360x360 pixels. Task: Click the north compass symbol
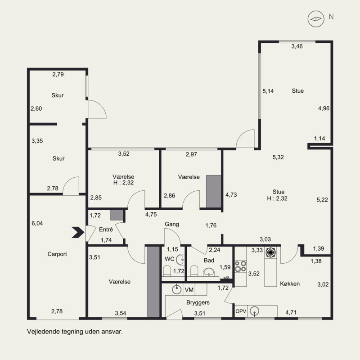click(316, 19)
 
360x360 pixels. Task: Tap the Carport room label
click(57, 254)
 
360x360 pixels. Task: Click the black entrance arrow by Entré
click(78, 232)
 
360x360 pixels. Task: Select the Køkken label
click(290, 284)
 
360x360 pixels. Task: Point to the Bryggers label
click(198, 302)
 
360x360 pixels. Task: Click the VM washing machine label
click(189, 290)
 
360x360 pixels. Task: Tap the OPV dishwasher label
click(241, 311)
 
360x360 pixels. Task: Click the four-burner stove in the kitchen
click(241, 266)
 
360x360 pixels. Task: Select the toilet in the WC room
click(167, 271)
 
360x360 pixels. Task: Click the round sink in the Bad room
click(209, 272)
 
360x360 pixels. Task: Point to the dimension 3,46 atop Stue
click(297, 46)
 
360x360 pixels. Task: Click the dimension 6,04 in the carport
click(37, 223)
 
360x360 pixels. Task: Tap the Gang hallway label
click(172, 224)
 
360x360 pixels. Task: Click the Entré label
click(106, 229)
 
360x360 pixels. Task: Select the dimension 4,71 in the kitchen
click(291, 312)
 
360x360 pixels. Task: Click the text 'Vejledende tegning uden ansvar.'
click(75, 332)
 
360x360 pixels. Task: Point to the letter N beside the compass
click(331, 17)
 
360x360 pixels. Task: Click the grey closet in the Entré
click(117, 215)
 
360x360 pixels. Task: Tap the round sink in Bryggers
click(177, 289)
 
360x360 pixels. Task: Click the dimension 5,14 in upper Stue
click(268, 91)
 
